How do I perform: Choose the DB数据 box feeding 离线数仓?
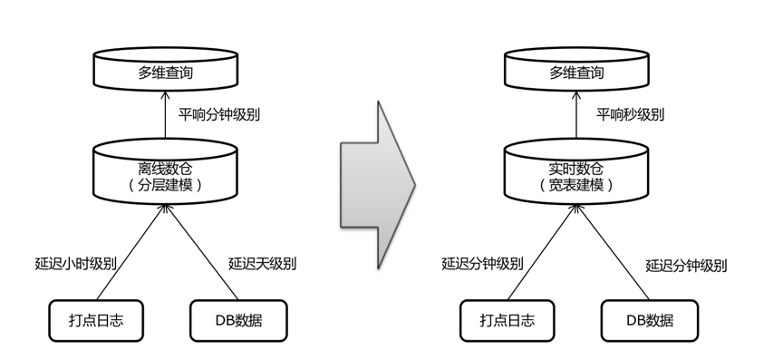[238, 320]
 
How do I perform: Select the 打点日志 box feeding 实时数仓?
[507, 320]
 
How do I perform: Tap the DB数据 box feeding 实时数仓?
[650, 320]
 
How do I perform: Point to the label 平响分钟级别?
[218, 115]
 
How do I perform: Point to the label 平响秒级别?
[629, 115]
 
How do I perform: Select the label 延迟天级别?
[262, 264]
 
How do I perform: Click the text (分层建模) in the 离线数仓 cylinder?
[166, 184]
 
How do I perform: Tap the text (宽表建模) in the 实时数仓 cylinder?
[575, 184]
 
